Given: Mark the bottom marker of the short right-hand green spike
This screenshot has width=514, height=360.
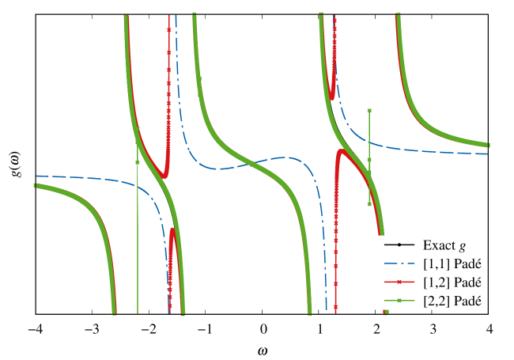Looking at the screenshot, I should tap(369, 203).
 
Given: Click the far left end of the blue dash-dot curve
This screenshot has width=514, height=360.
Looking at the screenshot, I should tap(36, 176).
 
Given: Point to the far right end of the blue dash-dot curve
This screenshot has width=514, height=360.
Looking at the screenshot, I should tap(487, 153).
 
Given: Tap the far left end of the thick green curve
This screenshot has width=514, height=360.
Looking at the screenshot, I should tap(36, 186).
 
